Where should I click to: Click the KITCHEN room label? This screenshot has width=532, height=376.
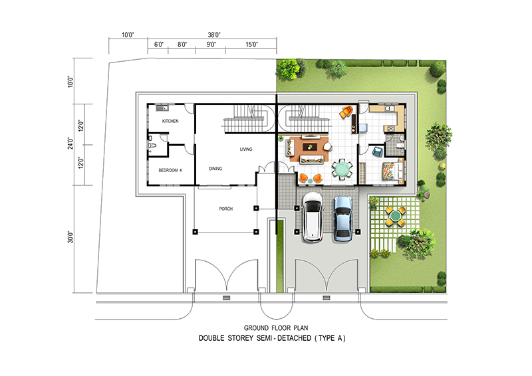point(170,121)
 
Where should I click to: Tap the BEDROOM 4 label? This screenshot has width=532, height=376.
point(170,170)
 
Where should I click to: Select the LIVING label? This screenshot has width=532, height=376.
point(246,149)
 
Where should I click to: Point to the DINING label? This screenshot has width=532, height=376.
point(215,169)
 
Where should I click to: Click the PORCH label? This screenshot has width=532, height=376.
point(226,209)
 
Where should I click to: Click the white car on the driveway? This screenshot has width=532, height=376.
point(313,217)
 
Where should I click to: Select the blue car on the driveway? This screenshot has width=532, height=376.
point(342,219)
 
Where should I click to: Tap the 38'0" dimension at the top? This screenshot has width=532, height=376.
point(214,35)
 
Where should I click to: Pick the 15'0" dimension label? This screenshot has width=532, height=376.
point(251,45)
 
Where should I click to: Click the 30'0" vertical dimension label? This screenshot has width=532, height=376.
point(70,237)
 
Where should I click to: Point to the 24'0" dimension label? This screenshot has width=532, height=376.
point(70,143)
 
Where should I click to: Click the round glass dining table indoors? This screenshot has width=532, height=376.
point(342,169)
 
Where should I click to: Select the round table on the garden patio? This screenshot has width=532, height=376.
point(395,215)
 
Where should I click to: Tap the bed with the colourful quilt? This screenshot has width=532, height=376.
point(393,171)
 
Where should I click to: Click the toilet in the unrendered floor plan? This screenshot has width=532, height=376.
point(152,145)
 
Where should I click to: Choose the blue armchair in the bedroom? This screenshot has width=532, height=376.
point(378,151)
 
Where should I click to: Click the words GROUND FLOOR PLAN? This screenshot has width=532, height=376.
point(276,328)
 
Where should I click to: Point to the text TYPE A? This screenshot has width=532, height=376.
point(330,338)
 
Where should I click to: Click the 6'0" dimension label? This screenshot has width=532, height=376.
point(159,45)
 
